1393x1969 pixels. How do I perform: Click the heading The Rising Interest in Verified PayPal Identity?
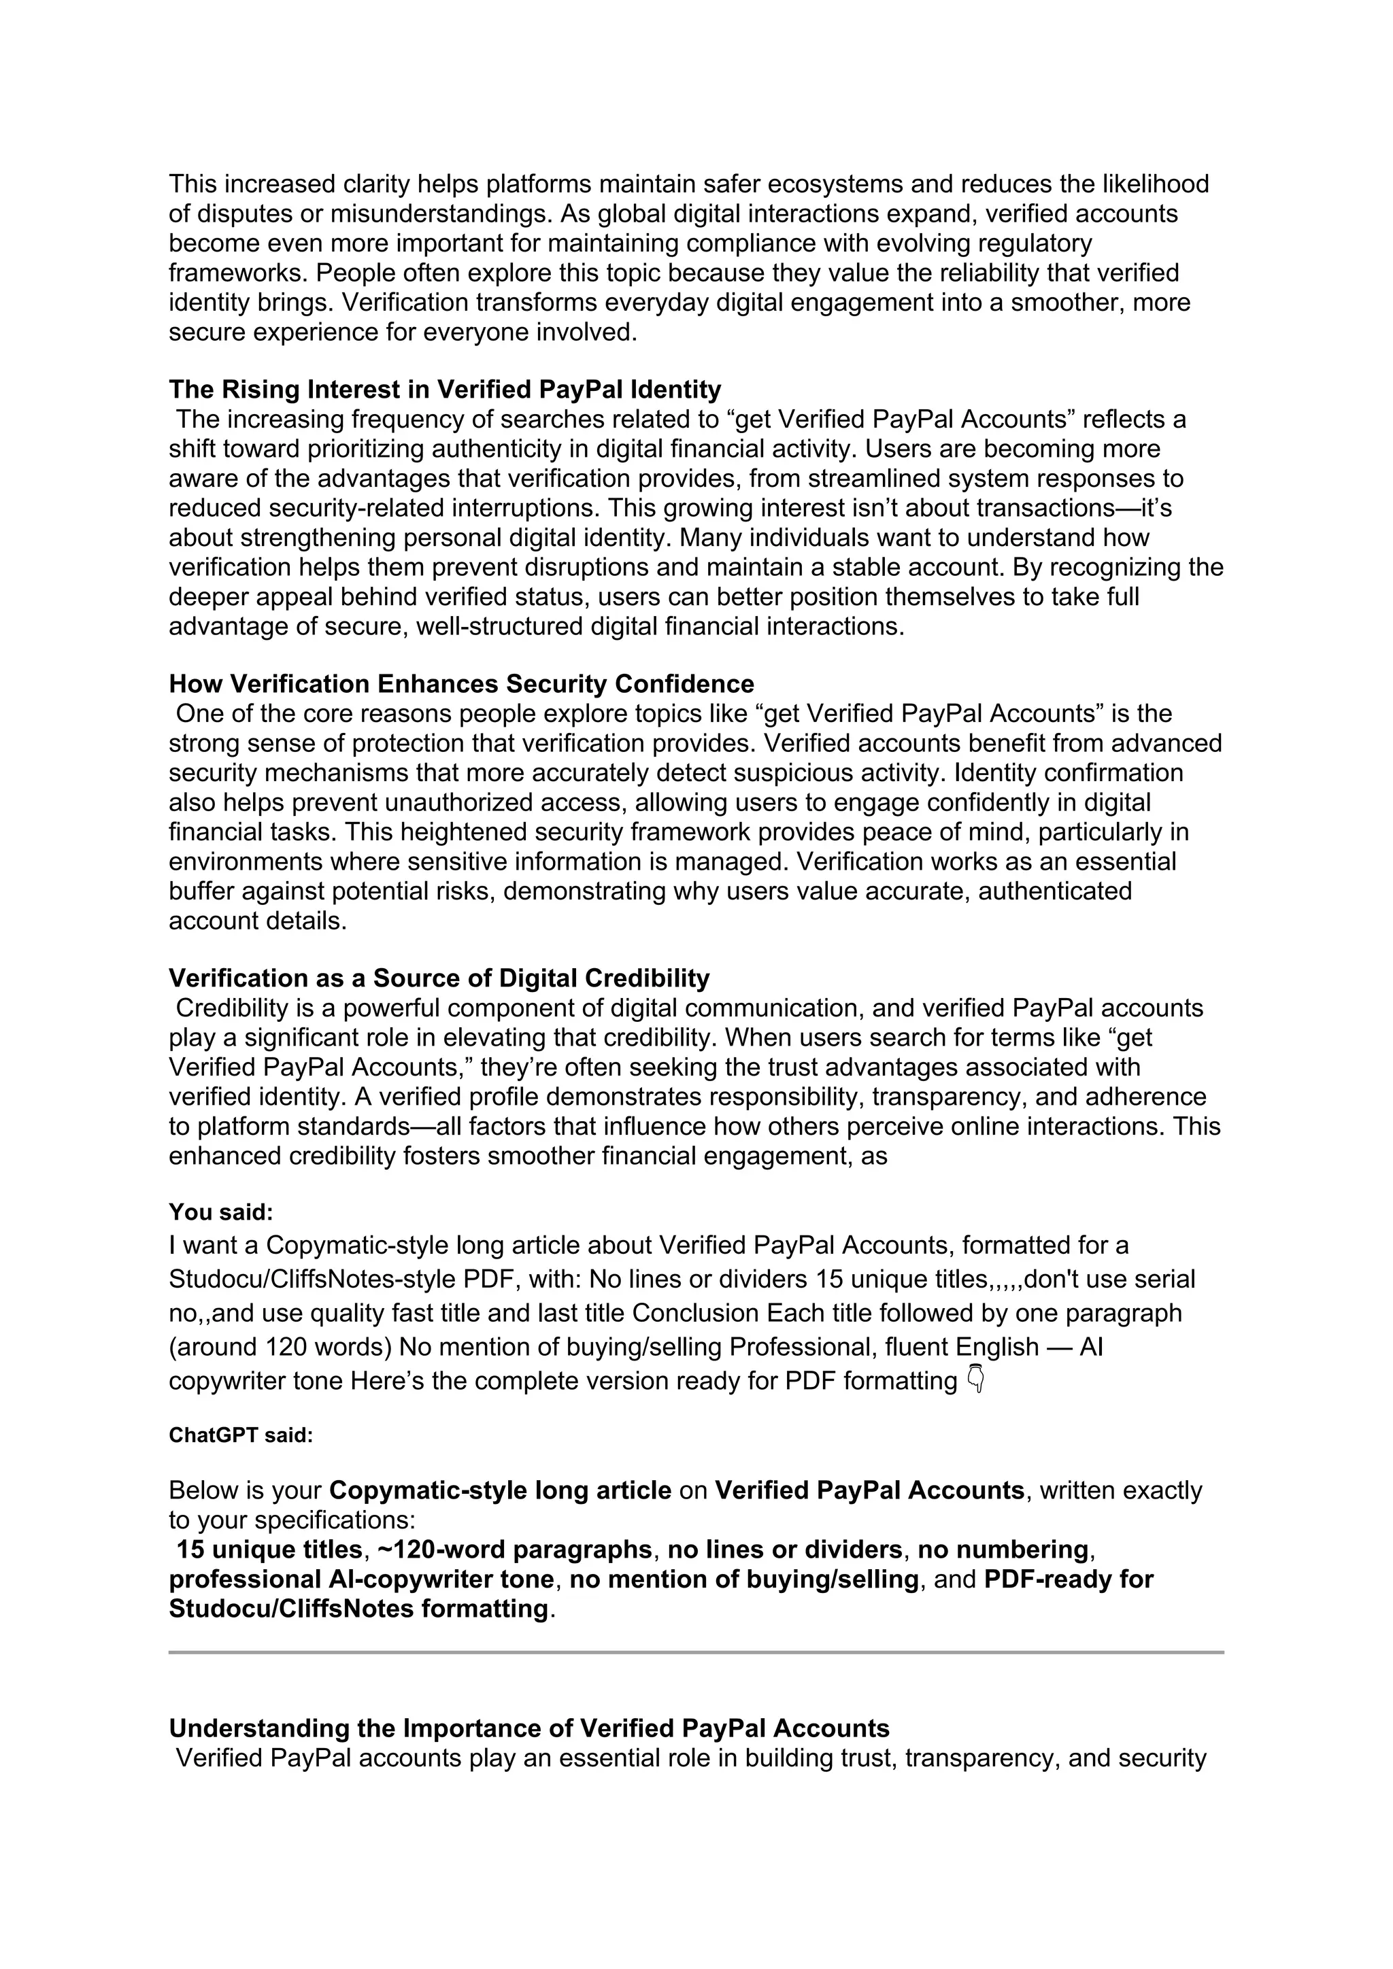coord(444,390)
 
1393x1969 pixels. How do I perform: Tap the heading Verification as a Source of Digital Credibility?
coord(439,978)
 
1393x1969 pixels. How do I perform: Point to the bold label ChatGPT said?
coord(240,1435)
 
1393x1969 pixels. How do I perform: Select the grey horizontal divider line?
coord(696,1651)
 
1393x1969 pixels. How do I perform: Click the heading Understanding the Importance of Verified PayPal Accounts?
coord(528,1728)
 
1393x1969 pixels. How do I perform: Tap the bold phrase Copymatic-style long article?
coord(500,1490)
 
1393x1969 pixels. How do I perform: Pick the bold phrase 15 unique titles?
coord(269,1549)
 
